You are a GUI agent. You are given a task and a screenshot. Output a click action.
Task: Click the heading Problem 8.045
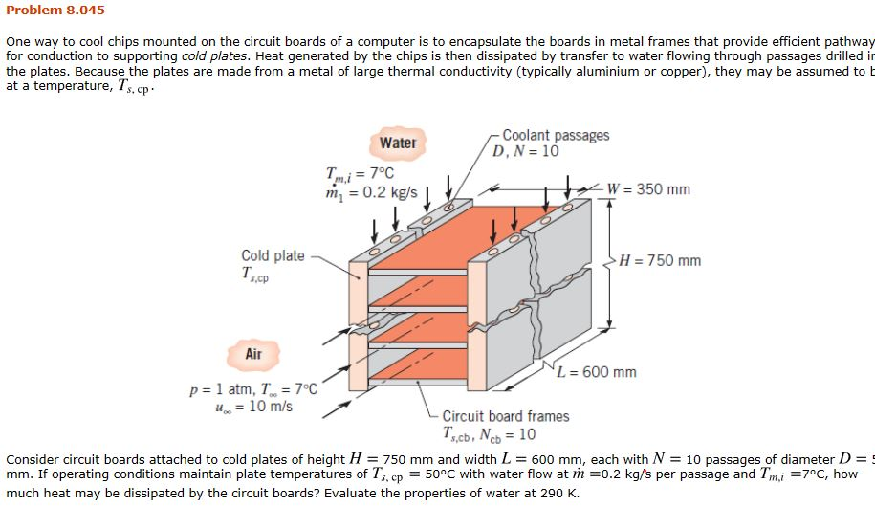coord(55,11)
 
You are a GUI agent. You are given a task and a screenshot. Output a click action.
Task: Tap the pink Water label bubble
coord(398,143)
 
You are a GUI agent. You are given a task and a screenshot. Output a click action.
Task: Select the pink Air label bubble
coord(253,354)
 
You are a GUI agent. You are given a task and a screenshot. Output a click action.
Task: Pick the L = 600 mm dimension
coord(598,372)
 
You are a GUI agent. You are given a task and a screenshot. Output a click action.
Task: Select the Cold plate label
coord(273,255)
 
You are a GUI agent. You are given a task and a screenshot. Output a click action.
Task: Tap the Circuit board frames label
coord(505,416)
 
